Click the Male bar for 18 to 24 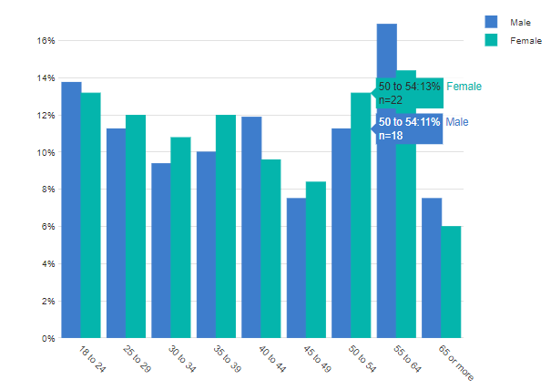click(71, 210)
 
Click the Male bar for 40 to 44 click(250, 227)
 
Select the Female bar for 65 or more click(451, 282)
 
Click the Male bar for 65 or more click(431, 268)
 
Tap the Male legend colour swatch click(492, 21)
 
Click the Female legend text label click(525, 41)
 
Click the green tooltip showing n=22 click(409, 92)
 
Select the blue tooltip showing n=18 click(409, 128)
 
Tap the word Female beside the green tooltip click(464, 86)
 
